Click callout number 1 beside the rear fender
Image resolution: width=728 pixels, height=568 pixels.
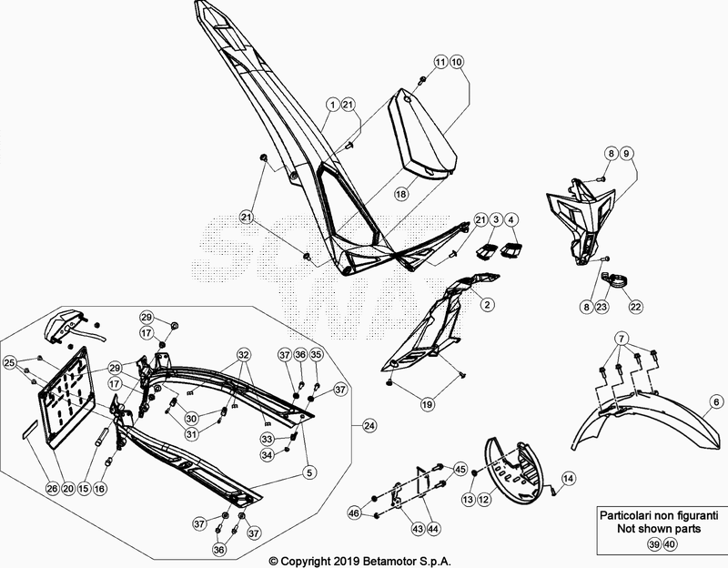pyautogui.click(x=334, y=106)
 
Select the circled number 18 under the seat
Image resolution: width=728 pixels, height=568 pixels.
pyautogui.click(x=400, y=194)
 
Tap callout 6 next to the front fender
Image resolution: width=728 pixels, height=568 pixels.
pyautogui.click(x=715, y=401)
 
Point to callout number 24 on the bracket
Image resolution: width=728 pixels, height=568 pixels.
pyautogui.click(x=369, y=426)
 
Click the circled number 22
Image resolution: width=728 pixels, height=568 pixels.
pyautogui.click(x=635, y=307)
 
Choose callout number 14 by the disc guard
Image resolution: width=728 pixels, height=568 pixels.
pyautogui.click(x=567, y=478)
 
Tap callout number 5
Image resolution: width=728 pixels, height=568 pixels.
pyautogui.click(x=309, y=472)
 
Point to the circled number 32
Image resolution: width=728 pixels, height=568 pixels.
pyautogui.click(x=243, y=353)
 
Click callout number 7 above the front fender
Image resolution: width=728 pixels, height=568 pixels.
pyautogui.click(x=621, y=339)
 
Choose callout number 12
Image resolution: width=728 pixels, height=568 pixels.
pyautogui.click(x=485, y=499)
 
